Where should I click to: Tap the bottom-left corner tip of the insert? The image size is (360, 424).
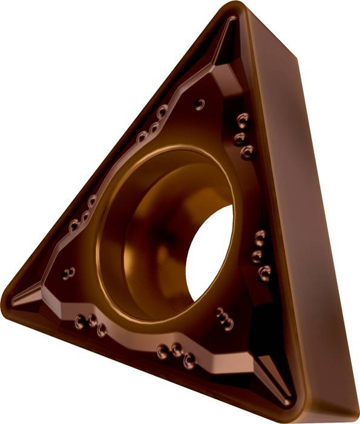[7, 300]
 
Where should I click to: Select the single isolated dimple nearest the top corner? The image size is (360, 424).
[200, 104]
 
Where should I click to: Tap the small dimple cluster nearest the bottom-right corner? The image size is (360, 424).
[224, 319]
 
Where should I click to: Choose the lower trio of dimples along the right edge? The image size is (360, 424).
[260, 254]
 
